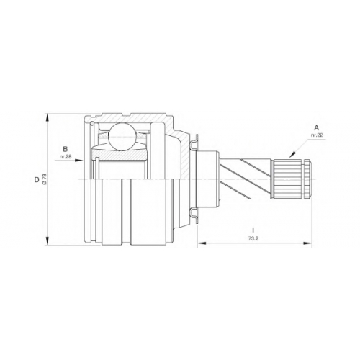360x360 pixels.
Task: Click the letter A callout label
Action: tap(317, 127)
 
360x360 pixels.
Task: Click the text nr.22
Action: tap(317, 135)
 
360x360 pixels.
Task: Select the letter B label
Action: tap(66, 149)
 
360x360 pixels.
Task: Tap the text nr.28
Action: tap(66, 156)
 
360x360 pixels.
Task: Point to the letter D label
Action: tap(37, 179)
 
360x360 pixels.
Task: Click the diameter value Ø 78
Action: tap(44, 179)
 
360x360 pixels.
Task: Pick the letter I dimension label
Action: tap(253, 230)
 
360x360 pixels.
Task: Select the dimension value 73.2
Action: tap(253, 238)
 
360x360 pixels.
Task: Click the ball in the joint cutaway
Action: tap(122, 137)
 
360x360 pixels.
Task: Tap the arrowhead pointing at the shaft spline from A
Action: tap(292, 155)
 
